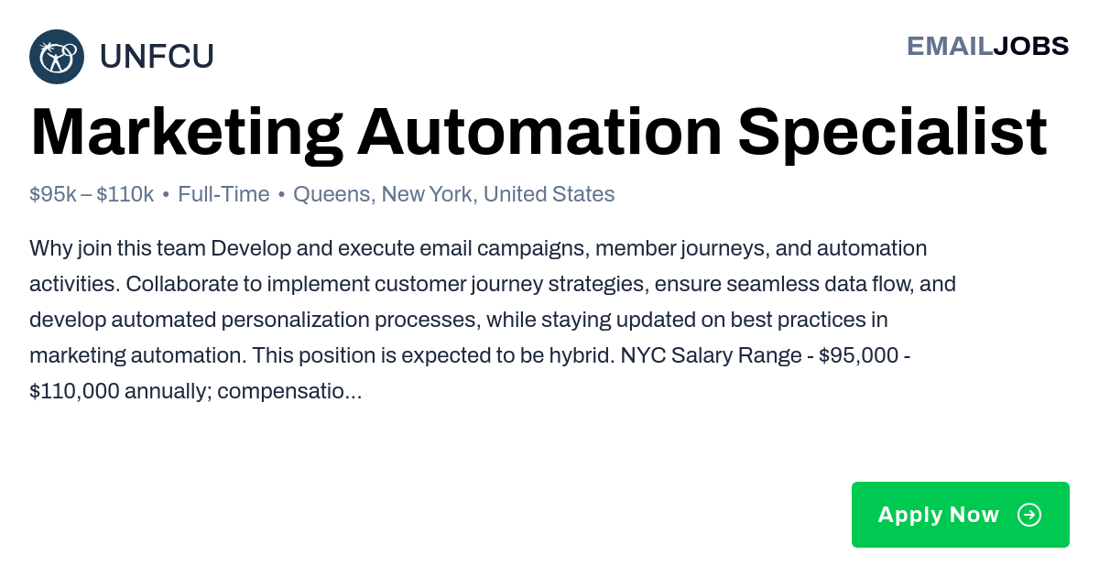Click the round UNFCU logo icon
pyautogui.click(x=57, y=57)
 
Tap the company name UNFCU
pyautogui.click(x=157, y=56)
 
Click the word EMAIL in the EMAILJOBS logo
pyautogui.click(x=950, y=47)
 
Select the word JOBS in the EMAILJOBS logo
pyautogui.click(x=1031, y=47)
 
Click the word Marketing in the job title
pyautogui.click(x=187, y=134)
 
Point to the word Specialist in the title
pyautogui.click(x=892, y=134)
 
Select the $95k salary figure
pyautogui.click(x=52, y=194)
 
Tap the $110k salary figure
pyautogui.click(x=125, y=194)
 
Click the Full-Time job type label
pyautogui.click(x=223, y=194)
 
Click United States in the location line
pyautogui.click(x=549, y=194)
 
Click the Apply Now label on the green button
pyautogui.click(x=939, y=515)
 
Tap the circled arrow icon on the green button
pyautogui.click(x=1029, y=515)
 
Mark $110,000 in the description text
pyautogui.click(x=74, y=391)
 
